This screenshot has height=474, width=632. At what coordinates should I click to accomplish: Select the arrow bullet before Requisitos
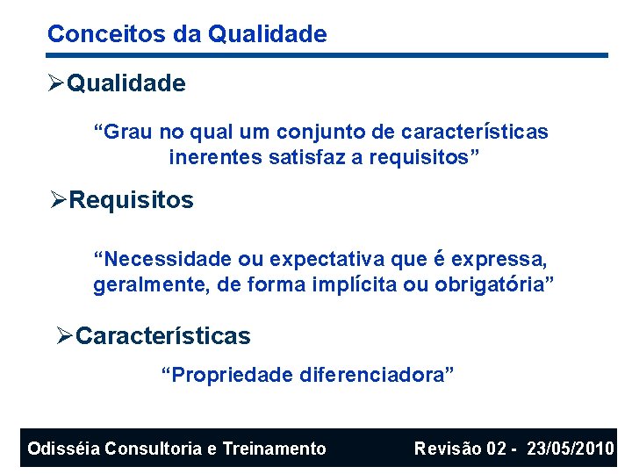point(59,200)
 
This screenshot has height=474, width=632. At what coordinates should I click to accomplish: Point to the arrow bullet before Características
point(65,336)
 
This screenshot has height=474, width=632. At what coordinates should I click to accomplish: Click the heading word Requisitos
point(132,200)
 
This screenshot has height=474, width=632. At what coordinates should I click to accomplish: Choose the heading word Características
point(163,336)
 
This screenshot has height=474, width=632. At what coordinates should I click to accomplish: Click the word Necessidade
point(162,259)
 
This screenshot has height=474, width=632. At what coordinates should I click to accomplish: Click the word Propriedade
point(226,376)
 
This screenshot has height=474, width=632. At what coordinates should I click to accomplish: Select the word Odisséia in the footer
point(62,449)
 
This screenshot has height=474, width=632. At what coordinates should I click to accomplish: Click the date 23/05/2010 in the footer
point(571,449)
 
